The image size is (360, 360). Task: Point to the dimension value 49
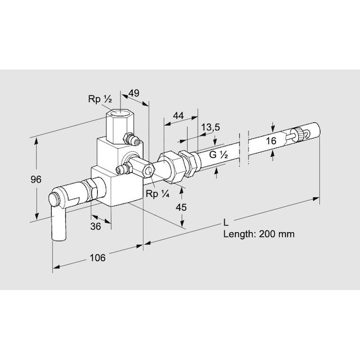(x=134, y=92)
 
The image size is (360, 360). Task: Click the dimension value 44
(x=178, y=115)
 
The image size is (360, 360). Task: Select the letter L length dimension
(x=227, y=224)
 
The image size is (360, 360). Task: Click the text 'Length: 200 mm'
(x=259, y=235)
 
